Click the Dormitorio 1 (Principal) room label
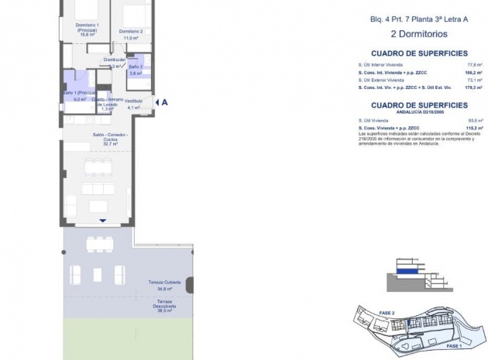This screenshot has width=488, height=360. (x=87, y=29)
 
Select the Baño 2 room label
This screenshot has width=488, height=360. (x=136, y=69)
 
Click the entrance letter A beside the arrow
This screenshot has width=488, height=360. (x=164, y=101)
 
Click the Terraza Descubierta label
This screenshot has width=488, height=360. (x=164, y=303)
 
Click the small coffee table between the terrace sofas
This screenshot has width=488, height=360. (x=98, y=274)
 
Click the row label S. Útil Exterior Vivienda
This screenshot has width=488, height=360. (x=381, y=81)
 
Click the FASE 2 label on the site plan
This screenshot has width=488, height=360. (x=387, y=313)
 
